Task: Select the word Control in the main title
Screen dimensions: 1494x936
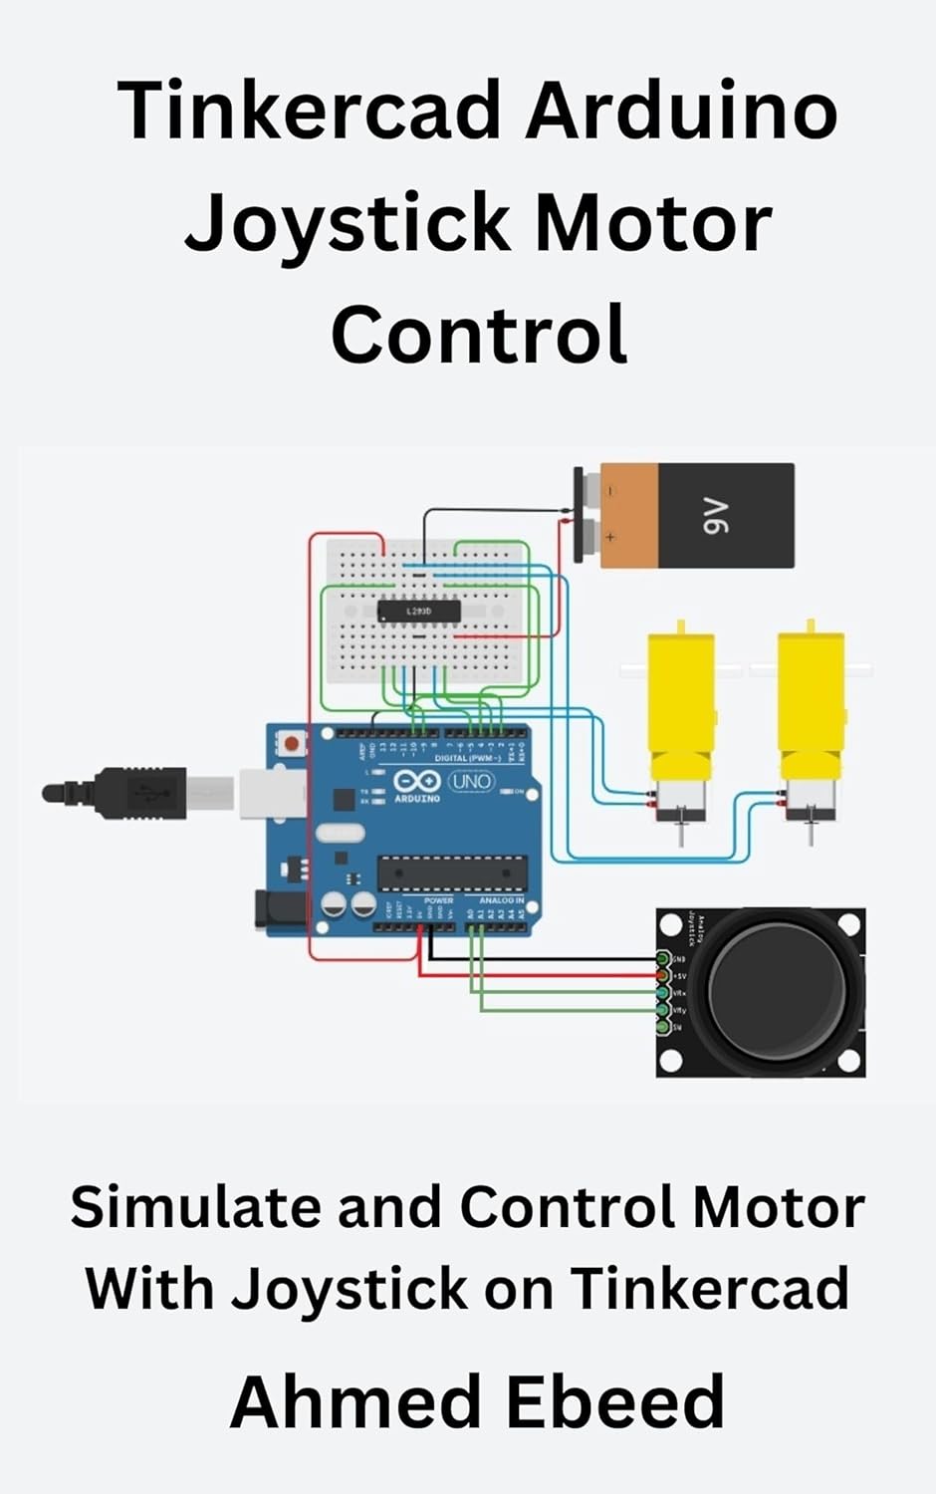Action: (x=479, y=335)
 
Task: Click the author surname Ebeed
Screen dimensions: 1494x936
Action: (x=614, y=1401)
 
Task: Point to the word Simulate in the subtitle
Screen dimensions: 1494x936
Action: (x=195, y=1208)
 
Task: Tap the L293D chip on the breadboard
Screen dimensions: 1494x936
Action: (x=418, y=611)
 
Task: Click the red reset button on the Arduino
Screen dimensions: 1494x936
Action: (x=292, y=743)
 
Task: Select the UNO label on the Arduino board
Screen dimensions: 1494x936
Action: (x=470, y=781)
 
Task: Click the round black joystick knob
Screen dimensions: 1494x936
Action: (x=777, y=991)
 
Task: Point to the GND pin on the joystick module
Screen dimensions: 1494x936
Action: (x=663, y=958)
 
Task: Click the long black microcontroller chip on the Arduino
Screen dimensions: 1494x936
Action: (x=452, y=873)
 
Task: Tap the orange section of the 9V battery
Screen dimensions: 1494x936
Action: (x=629, y=516)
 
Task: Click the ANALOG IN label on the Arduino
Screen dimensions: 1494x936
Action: (x=501, y=900)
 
